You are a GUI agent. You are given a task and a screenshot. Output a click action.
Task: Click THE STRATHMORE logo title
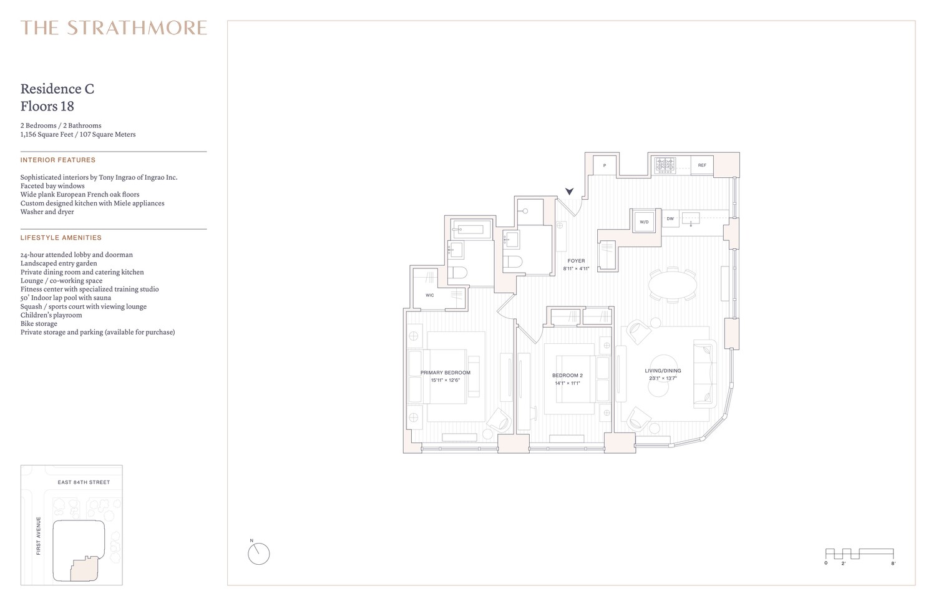(x=114, y=28)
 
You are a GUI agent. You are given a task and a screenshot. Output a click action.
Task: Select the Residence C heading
(x=57, y=89)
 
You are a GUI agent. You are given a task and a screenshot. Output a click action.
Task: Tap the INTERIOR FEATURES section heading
(x=58, y=160)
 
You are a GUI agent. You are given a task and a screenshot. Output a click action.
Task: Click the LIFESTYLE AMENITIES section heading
(x=61, y=238)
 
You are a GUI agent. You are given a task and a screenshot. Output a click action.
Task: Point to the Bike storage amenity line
(x=39, y=324)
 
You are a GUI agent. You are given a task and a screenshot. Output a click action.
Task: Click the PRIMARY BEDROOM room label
(x=445, y=373)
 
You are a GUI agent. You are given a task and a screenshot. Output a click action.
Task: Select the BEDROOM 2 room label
(x=567, y=376)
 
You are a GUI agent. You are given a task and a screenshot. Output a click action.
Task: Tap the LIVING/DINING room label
(x=663, y=371)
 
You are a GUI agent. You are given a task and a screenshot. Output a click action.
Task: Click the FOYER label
(x=576, y=261)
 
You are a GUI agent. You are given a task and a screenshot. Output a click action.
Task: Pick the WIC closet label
(x=430, y=295)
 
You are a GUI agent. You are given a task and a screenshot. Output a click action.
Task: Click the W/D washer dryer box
(x=644, y=222)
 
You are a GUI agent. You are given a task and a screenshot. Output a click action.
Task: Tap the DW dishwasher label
(x=670, y=219)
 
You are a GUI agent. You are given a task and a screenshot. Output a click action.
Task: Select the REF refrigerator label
(x=702, y=165)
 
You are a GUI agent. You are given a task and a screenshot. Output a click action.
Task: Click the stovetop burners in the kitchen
(x=665, y=165)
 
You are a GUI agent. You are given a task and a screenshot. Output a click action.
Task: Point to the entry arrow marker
(x=569, y=191)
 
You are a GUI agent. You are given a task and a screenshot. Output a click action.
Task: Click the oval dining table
(x=673, y=286)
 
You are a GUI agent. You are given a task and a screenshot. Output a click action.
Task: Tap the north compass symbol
(x=258, y=553)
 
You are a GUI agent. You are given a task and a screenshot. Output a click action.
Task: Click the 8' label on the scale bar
(x=893, y=564)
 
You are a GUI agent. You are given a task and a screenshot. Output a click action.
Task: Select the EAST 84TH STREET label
(x=84, y=482)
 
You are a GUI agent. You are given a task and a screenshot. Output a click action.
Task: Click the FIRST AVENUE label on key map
(x=39, y=535)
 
